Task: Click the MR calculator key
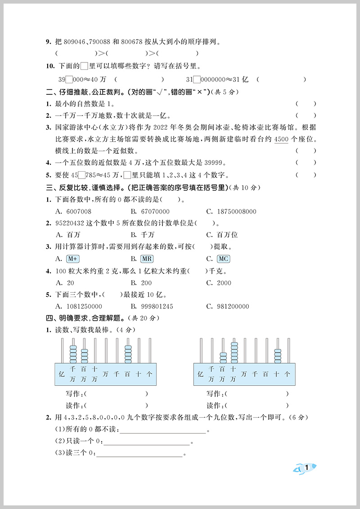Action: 147,259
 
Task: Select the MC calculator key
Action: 223,259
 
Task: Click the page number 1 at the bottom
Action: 306,468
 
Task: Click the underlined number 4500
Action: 281,139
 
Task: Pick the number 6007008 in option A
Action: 79,211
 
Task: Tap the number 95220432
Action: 72,223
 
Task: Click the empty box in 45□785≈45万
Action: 81,175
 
